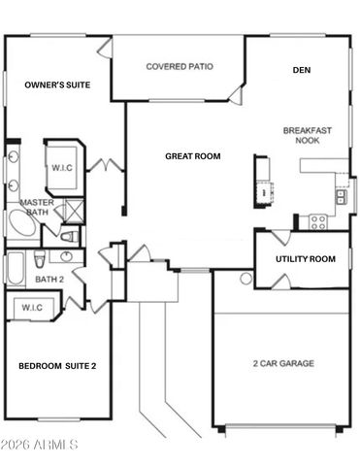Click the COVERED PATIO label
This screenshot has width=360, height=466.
(x=180, y=67)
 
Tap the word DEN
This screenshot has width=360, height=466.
(x=301, y=70)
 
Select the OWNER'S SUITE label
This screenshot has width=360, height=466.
(x=57, y=85)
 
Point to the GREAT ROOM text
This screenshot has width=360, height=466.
(x=192, y=155)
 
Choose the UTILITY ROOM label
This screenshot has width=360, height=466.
(x=306, y=259)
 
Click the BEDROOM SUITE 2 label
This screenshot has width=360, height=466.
(x=57, y=366)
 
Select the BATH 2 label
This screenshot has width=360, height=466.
(x=49, y=280)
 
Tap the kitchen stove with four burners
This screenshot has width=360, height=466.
(x=317, y=220)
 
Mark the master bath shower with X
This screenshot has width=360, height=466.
(x=70, y=211)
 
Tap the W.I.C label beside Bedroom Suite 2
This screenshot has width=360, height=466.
(x=30, y=308)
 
